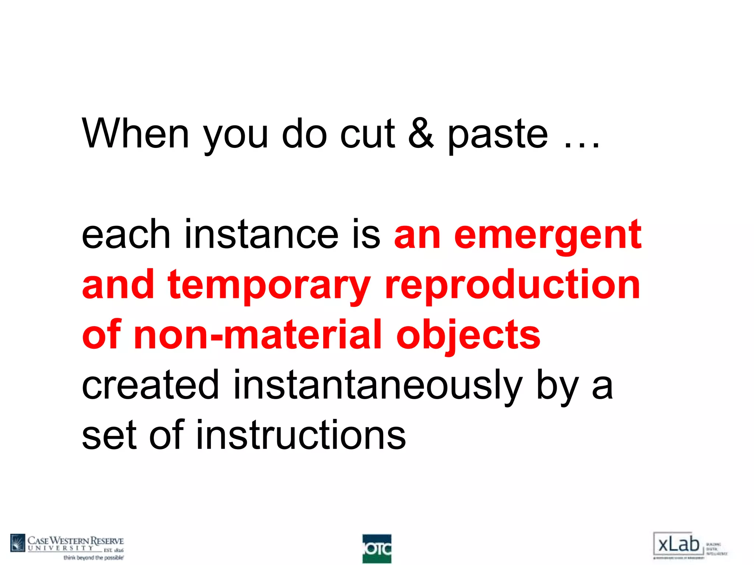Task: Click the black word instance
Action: (x=261, y=234)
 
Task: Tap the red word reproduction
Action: (x=512, y=285)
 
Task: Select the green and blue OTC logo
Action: (x=377, y=548)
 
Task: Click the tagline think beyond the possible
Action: (x=94, y=558)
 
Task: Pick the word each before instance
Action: (x=126, y=234)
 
